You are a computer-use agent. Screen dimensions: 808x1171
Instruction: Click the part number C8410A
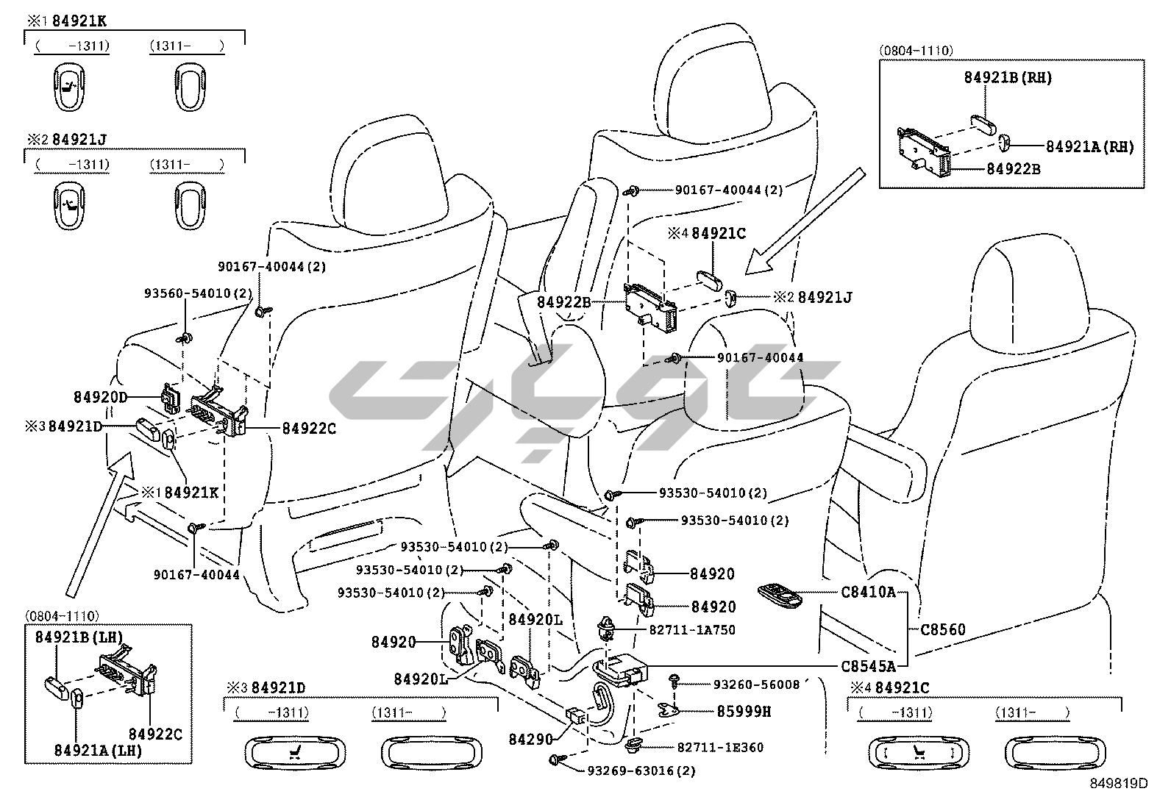point(868,591)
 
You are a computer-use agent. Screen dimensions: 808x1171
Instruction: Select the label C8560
point(943,629)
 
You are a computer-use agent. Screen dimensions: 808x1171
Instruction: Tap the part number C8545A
point(868,666)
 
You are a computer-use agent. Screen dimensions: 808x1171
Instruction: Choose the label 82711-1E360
point(720,747)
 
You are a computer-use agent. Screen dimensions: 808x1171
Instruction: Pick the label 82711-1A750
point(691,630)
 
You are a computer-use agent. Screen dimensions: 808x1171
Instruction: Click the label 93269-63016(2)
point(641,771)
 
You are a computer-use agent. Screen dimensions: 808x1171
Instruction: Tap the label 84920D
point(100,398)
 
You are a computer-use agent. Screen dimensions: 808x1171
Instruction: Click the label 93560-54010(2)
point(198,293)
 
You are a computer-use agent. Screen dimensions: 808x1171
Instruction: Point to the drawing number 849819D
point(1118,784)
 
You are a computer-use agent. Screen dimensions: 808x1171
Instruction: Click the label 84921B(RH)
point(1008,78)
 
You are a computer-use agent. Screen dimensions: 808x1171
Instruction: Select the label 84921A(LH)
point(98,750)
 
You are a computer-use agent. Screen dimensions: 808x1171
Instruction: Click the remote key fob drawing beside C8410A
point(781,593)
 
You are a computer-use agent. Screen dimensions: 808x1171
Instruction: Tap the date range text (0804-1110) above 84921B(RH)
point(916,51)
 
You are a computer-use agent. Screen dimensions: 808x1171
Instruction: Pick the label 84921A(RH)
point(1089,147)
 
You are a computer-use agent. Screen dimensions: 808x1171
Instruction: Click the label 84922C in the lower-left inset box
point(155,733)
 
